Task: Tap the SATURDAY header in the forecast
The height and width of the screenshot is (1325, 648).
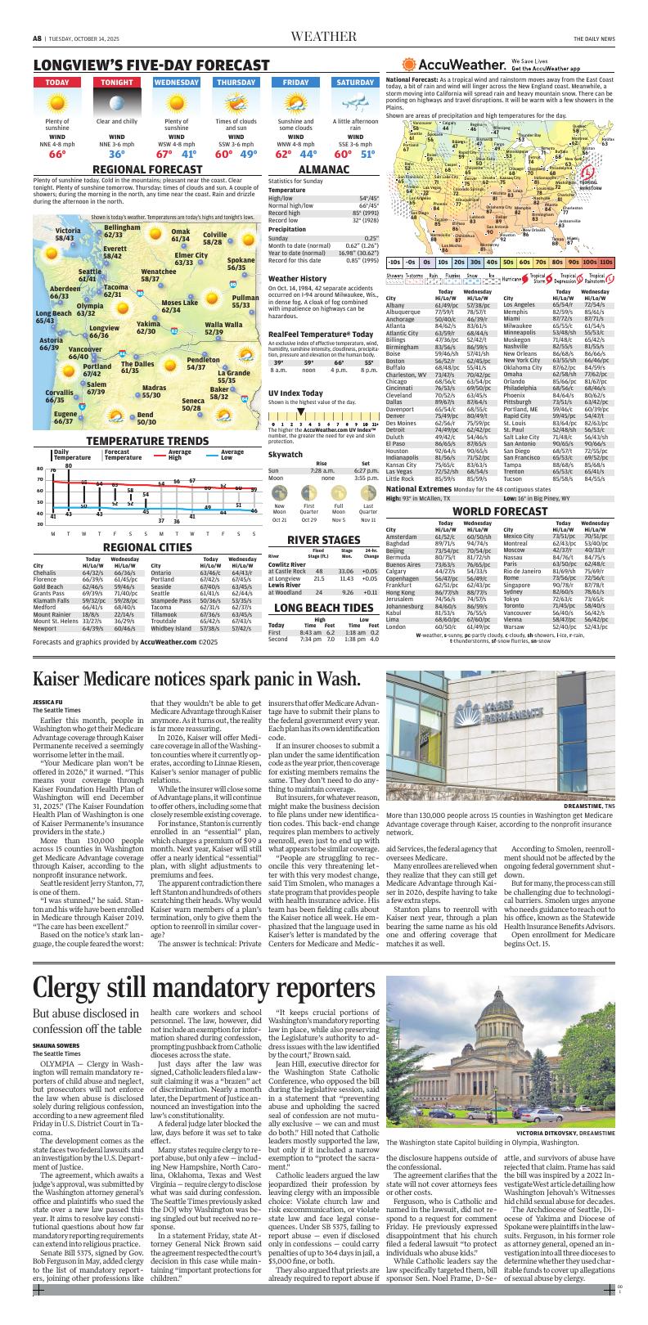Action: [353, 83]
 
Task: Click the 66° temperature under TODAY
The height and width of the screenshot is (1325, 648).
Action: [57, 154]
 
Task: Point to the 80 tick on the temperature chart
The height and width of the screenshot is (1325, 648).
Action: [38, 469]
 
